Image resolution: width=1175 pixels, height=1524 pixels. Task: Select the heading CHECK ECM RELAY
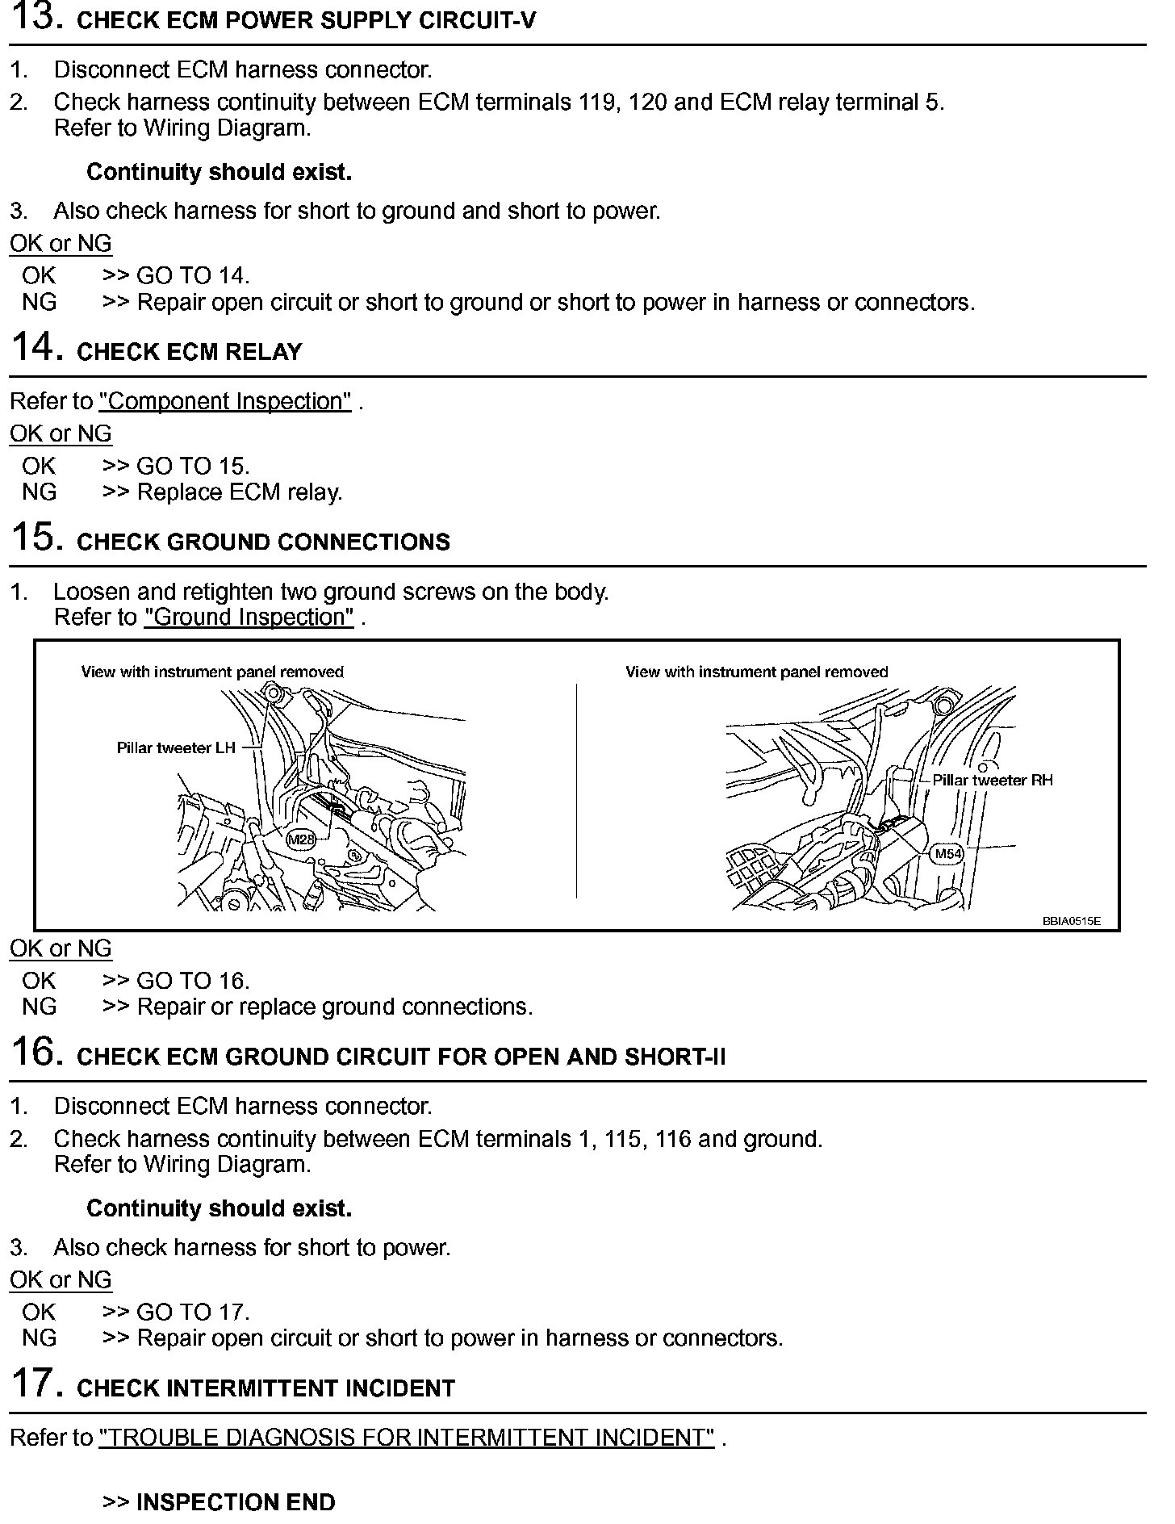pos(189,352)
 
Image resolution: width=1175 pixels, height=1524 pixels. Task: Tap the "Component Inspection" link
pos(225,402)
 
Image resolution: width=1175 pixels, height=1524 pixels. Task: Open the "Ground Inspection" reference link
pos(249,618)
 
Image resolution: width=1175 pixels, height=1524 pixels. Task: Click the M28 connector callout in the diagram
pos(301,840)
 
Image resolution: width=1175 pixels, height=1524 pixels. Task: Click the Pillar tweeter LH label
pos(176,748)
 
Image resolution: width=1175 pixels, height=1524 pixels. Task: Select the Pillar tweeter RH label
pos(993,781)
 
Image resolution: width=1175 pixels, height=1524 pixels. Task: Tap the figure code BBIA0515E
pos(1071,921)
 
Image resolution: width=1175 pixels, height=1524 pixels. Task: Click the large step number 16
pos(36,1053)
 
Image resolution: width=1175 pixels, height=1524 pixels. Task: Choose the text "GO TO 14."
pos(193,276)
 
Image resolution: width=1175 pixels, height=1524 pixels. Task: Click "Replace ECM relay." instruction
pos(240,492)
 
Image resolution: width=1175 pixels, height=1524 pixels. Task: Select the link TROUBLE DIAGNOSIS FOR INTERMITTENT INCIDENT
pos(407,1438)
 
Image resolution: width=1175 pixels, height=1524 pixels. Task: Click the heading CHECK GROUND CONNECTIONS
pos(263,542)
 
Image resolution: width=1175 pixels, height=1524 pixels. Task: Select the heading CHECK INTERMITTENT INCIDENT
pos(266,1388)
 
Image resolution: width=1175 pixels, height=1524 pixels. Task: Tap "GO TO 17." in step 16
pos(193,1313)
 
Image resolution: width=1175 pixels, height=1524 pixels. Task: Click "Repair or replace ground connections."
pos(335,1007)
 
